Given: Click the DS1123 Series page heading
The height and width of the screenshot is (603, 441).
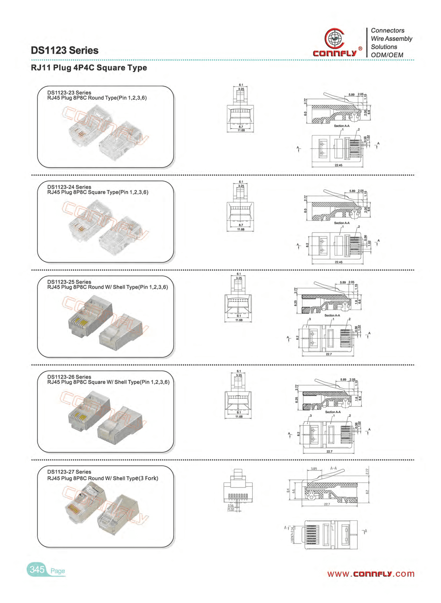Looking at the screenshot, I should coord(65,50).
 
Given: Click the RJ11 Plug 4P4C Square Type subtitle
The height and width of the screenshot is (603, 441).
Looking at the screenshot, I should coord(89,68).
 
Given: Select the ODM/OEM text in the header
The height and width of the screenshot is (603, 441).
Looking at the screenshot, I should coord(387,55).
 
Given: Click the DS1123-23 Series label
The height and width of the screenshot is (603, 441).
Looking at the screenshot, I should coord(69,93).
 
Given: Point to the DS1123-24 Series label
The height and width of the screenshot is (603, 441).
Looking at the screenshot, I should coord(69,187).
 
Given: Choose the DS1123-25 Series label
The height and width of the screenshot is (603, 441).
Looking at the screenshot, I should coord(69,282).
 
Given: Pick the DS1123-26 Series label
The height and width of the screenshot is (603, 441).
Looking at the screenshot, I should coord(69,377).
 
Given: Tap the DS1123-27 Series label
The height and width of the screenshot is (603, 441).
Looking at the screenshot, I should coord(69,472).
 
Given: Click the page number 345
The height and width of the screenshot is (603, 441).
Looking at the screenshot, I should coord(37,570).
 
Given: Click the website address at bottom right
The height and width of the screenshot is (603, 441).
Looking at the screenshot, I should coord(371,574).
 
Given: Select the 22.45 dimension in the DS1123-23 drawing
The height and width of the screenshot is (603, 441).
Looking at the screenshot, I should coord(338,165).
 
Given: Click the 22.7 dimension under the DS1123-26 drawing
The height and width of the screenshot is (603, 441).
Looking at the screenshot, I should coord(329,452).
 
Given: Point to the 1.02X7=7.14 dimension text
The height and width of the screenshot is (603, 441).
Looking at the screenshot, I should coord(293,535).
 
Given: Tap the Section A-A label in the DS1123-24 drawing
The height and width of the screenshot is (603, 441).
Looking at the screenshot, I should coord(342,223).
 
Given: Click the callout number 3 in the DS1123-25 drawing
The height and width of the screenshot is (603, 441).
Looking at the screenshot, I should coord(310,319).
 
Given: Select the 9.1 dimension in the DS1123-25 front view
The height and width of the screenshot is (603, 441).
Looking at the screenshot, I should coord(239,316).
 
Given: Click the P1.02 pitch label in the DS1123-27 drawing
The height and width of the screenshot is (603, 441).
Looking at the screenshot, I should coord(231,509).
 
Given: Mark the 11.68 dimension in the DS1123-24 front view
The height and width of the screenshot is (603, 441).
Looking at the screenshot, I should coord(241,229).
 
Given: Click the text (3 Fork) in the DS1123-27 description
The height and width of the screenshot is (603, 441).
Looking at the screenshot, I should coord(146,478).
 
